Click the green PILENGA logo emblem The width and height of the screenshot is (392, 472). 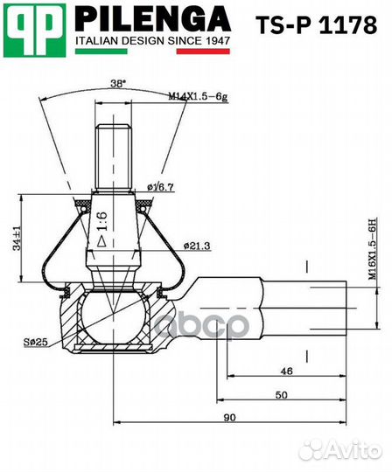(x=35, y=29)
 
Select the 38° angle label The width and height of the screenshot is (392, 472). (x=118, y=83)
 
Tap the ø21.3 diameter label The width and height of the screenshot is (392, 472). (x=198, y=246)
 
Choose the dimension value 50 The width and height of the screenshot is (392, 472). (x=280, y=395)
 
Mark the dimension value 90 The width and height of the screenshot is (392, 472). (x=229, y=418)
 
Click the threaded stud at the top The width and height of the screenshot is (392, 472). (x=113, y=149)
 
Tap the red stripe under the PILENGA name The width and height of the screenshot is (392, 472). (x=203, y=52)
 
